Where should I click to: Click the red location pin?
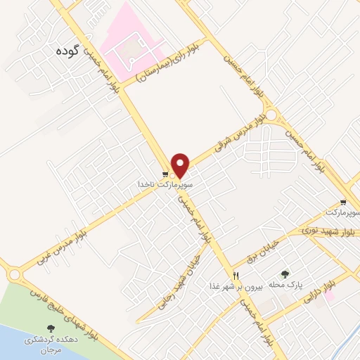tap(181, 165)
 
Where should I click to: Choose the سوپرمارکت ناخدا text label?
tap(165, 186)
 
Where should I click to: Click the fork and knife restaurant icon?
tap(236, 276)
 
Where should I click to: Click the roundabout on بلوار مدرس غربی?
tap(15, 273)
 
